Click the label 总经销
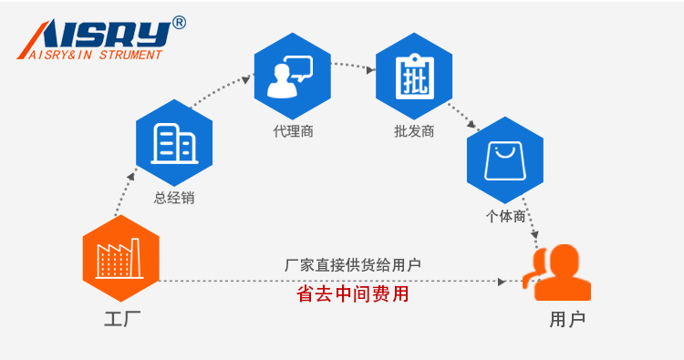[x=173, y=198]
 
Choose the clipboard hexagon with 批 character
[x=413, y=77]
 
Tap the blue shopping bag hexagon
[x=504, y=160]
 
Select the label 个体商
[x=504, y=216]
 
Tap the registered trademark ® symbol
[x=179, y=23]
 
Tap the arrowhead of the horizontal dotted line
[x=502, y=282]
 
